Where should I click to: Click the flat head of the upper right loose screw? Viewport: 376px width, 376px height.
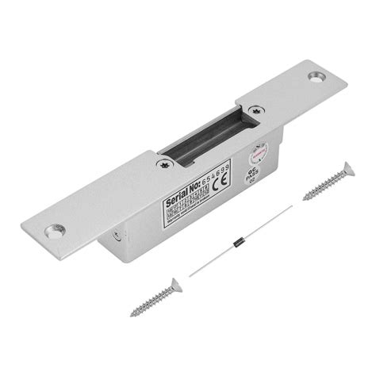(347, 169)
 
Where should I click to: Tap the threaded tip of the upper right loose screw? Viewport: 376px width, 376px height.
(305, 197)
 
